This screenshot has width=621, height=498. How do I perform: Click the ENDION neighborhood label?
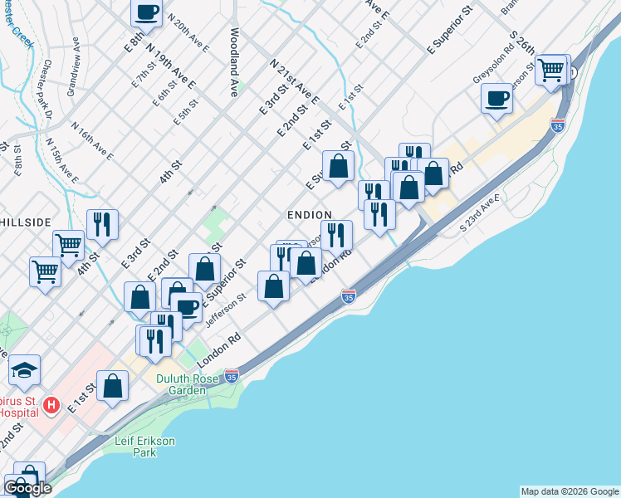[x=309, y=215]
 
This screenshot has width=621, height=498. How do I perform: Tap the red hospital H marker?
[x=51, y=406]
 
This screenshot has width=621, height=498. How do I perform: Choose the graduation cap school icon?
[x=25, y=369]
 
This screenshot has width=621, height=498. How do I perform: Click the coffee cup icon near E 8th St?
[x=146, y=13]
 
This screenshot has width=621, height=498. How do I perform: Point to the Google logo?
[x=27, y=488]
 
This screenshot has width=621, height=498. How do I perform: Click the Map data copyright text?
[x=570, y=491]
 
